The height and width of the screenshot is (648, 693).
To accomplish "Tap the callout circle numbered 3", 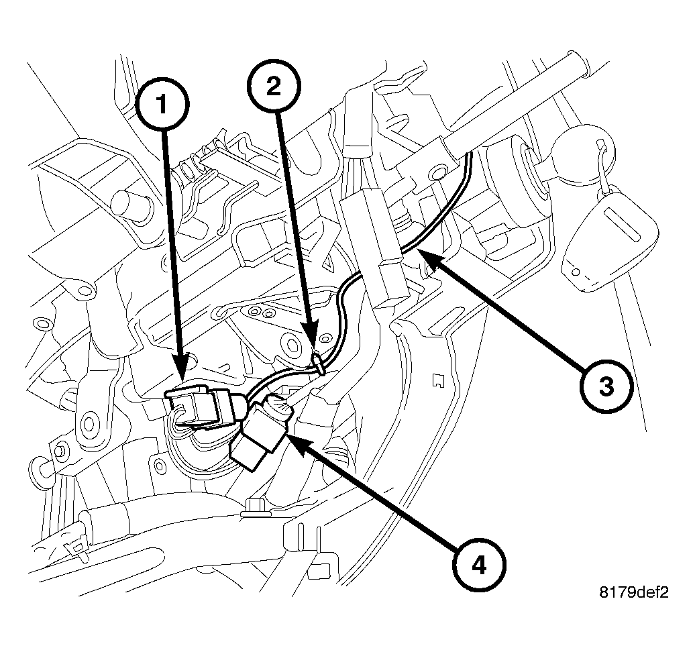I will pos(605,386).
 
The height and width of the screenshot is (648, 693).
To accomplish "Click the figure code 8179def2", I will pos(634,592).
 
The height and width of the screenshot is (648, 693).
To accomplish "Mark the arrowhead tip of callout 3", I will pos(419,254).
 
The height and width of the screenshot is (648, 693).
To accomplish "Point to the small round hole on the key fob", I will pos(576,272).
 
